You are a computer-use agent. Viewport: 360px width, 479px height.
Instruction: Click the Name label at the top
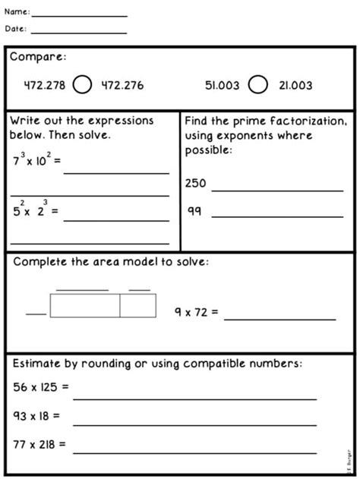(17, 12)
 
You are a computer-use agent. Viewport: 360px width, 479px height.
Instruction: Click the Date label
(16, 29)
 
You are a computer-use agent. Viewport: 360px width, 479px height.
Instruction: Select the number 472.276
(122, 86)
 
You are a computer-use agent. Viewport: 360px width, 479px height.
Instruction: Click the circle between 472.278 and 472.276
(83, 86)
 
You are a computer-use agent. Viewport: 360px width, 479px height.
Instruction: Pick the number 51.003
(222, 86)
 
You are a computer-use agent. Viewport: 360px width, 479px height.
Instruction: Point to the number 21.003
(295, 86)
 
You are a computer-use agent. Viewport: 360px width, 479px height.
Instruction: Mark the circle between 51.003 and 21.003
(258, 85)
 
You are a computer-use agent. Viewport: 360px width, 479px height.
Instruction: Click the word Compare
(38, 58)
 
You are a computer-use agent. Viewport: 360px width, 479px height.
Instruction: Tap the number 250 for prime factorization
(195, 183)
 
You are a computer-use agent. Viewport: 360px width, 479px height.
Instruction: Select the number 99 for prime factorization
(194, 212)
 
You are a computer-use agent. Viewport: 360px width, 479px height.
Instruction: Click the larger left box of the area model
(85, 305)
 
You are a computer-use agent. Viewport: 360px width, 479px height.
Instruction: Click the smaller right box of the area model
(137, 305)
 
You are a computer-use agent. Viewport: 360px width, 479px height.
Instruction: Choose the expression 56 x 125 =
(41, 387)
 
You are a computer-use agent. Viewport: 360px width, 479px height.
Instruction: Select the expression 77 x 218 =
(39, 443)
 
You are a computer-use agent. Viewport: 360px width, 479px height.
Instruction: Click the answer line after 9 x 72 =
(279, 320)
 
